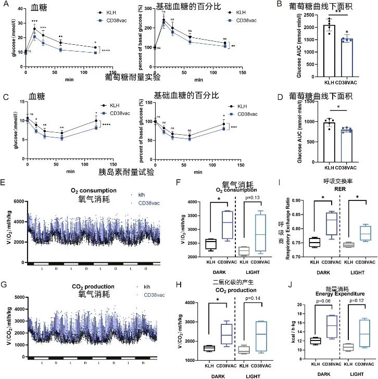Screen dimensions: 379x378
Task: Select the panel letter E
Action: tap(5, 184)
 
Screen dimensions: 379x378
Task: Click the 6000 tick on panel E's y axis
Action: tap(17, 201)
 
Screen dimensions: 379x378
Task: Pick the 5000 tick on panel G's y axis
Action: tap(17, 297)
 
